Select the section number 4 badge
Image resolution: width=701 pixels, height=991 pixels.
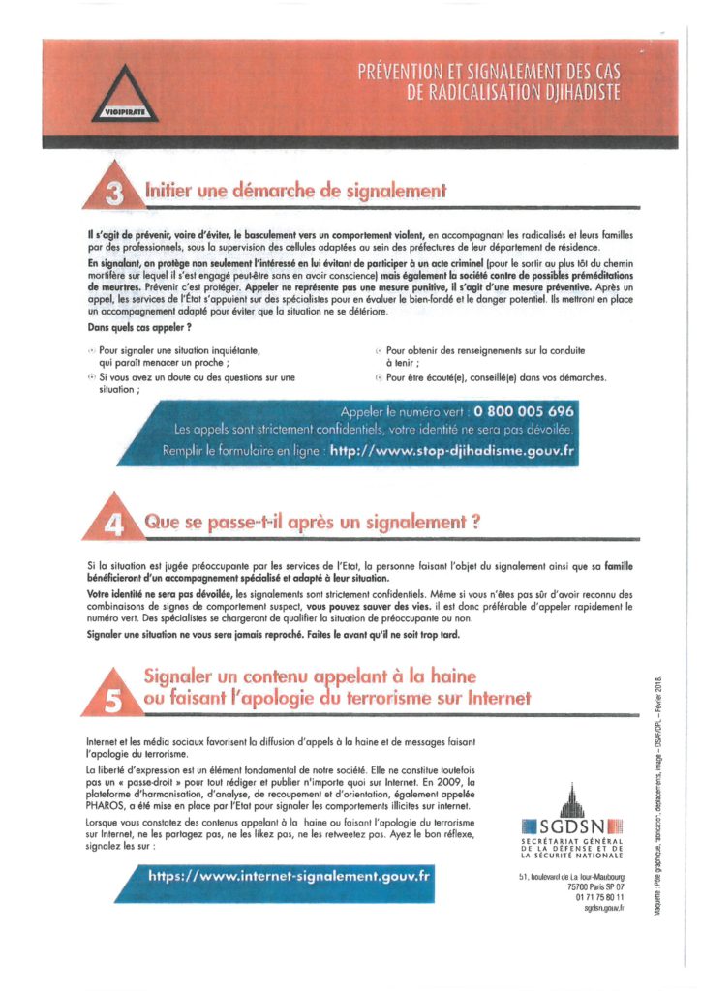[114, 525]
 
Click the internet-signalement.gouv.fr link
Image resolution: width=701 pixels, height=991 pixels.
[289, 874]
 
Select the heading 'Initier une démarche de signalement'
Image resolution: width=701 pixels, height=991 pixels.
[295, 191]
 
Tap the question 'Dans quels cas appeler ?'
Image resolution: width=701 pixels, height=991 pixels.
[132, 328]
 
